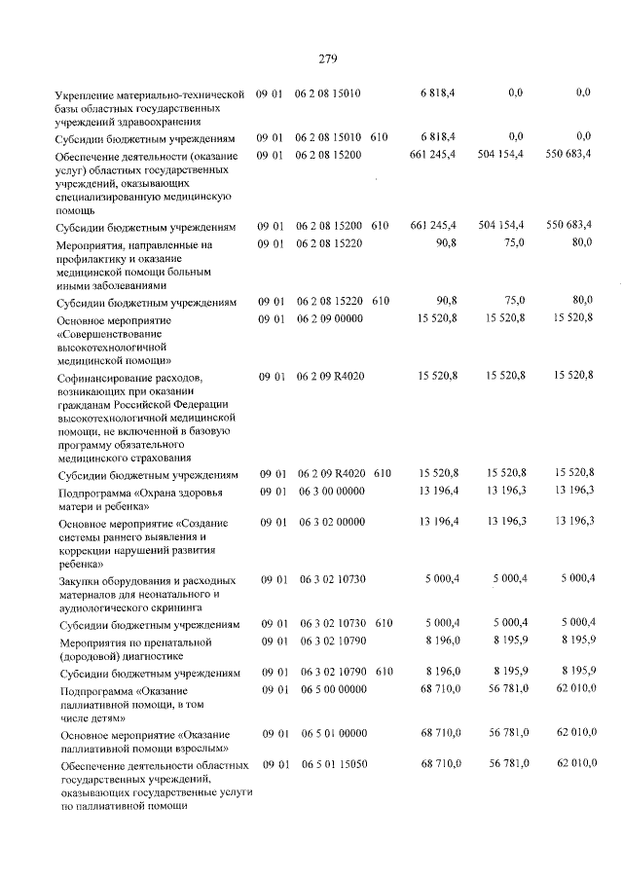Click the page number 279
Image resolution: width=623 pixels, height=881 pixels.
(x=327, y=59)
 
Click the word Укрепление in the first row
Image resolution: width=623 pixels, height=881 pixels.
(x=90, y=93)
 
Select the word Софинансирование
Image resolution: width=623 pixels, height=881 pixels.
(x=115, y=377)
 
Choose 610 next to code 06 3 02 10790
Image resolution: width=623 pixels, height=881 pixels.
(x=384, y=672)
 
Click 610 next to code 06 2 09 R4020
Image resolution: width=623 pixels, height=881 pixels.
(x=382, y=473)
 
